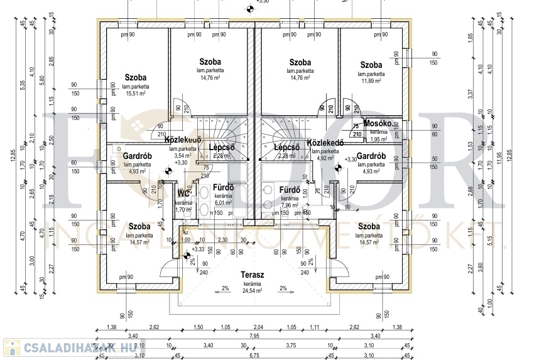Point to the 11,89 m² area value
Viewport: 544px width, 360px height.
[371, 80]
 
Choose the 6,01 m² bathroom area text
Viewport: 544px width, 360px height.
[224, 203]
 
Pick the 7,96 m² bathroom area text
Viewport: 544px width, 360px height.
[290, 205]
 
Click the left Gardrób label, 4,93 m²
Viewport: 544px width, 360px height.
[136, 155]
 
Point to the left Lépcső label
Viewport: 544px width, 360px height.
[221, 148]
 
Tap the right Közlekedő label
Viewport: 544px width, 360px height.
[325, 143]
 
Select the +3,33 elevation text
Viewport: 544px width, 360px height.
[197, 249]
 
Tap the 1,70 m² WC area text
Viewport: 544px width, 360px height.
[183, 210]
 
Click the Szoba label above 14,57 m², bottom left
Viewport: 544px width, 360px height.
[139, 226]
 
